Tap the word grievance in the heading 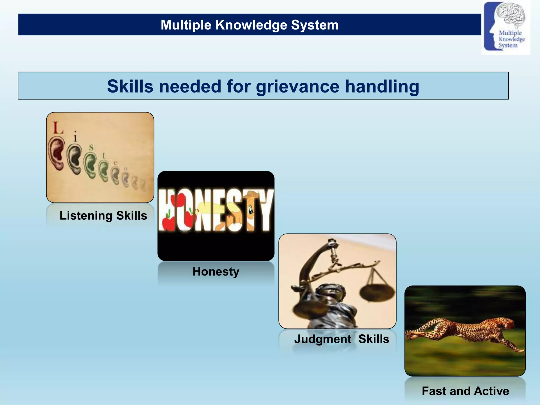(x=297, y=86)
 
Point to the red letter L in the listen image (x=57, y=128)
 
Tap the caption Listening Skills (x=103, y=215)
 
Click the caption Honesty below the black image (x=216, y=271)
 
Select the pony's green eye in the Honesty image (x=250, y=210)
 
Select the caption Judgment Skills (x=341, y=339)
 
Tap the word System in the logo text (x=508, y=45)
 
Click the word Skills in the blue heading (x=130, y=86)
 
